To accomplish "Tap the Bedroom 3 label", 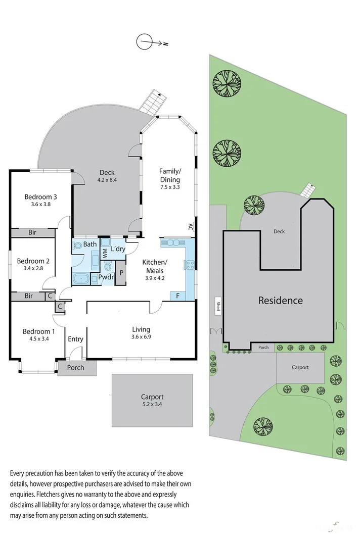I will (40, 197).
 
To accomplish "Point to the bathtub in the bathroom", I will (81, 279).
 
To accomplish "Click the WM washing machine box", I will (105, 252).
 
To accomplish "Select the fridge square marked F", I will (178, 295).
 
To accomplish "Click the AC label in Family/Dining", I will (191, 227).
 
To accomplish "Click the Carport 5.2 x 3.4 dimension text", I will (152, 404).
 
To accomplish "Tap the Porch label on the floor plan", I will (77, 368).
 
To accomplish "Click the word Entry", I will (75, 339).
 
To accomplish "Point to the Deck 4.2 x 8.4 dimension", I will (107, 179).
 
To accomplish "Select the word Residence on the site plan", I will (280, 300).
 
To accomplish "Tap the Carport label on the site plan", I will (300, 367).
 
